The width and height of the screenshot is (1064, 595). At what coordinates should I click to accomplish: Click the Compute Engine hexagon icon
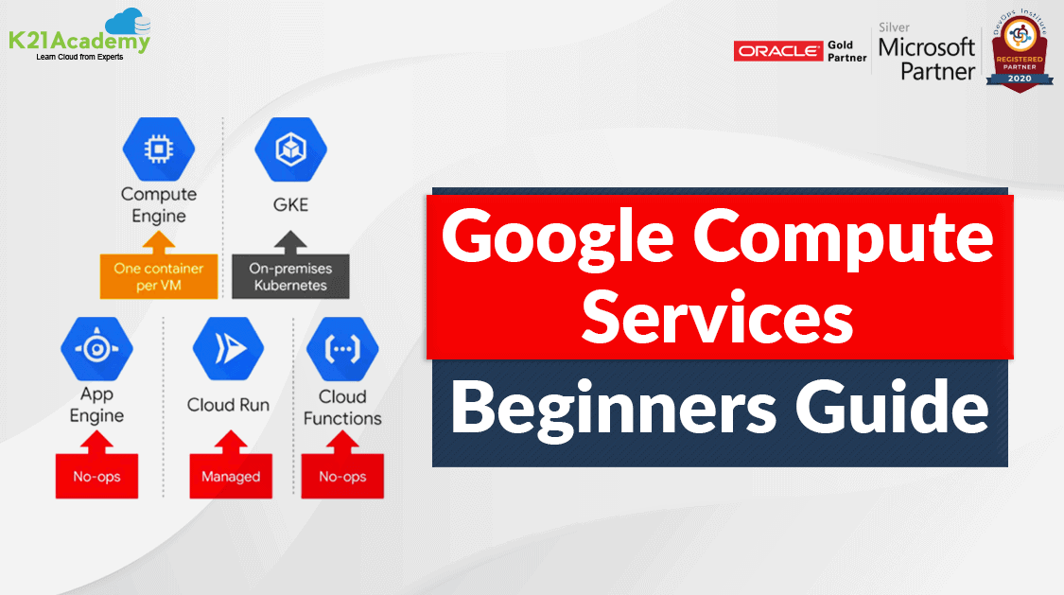point(158,149)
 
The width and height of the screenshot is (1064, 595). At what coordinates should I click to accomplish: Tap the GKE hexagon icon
point(290,149)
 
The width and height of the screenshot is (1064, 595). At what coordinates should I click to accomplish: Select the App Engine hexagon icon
point(96,348)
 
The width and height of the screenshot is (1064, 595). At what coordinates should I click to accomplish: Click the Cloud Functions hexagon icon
point(341,348)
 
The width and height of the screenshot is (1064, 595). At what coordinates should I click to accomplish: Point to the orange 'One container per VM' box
point(158,276)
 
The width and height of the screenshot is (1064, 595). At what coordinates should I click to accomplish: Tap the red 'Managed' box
point(230,476)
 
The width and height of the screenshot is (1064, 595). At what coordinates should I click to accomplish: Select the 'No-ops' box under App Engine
point(96,476)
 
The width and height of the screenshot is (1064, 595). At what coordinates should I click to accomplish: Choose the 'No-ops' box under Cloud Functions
point(341,476)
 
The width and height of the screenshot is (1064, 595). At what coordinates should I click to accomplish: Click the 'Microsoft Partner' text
point(926,58)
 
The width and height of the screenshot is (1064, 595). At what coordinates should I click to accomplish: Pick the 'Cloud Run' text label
point(228,405)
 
